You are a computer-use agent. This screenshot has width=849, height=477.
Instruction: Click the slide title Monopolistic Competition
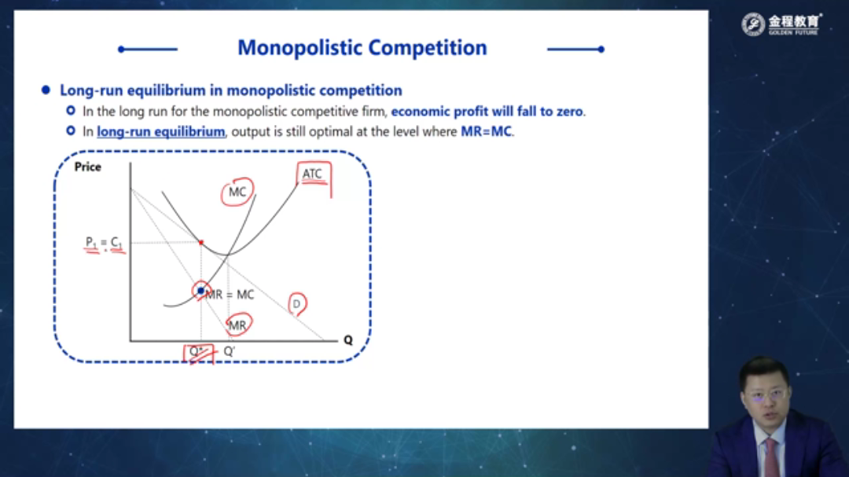tap(362, 48)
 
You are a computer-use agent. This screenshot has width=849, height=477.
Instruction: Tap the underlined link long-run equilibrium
tap(161, 131)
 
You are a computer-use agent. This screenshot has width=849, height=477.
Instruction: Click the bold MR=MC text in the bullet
tap(487, 131)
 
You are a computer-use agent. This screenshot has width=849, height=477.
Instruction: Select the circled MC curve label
tap(237, 192)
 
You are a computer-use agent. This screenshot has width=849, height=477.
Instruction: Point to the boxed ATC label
tap(312, 174)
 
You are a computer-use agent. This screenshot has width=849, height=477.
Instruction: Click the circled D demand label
tap(296, 304)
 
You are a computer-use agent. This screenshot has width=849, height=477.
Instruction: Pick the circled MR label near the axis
tap(237, 325)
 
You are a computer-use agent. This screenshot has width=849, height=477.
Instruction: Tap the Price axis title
tap(88, 167)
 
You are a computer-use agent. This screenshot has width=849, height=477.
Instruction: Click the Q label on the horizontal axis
tap(348, 340)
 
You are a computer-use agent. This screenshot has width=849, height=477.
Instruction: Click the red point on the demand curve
tap(201, 243)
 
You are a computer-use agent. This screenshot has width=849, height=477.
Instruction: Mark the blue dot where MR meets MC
tap(201, 291)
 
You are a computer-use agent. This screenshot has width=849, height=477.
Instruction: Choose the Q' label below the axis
tap(229, 351)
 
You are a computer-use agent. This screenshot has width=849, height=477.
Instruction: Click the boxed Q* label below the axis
tap(197, 352)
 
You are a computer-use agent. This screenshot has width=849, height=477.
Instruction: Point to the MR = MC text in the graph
tap(230, 295)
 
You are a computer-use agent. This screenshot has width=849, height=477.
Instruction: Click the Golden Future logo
tap(781, 24)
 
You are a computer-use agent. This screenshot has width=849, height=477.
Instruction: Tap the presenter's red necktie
tap(771, 457)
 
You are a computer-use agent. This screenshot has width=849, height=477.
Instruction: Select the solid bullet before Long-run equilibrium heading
tap(46, 90)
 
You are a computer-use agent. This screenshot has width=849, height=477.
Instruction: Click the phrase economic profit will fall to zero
tap(487, 112)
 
